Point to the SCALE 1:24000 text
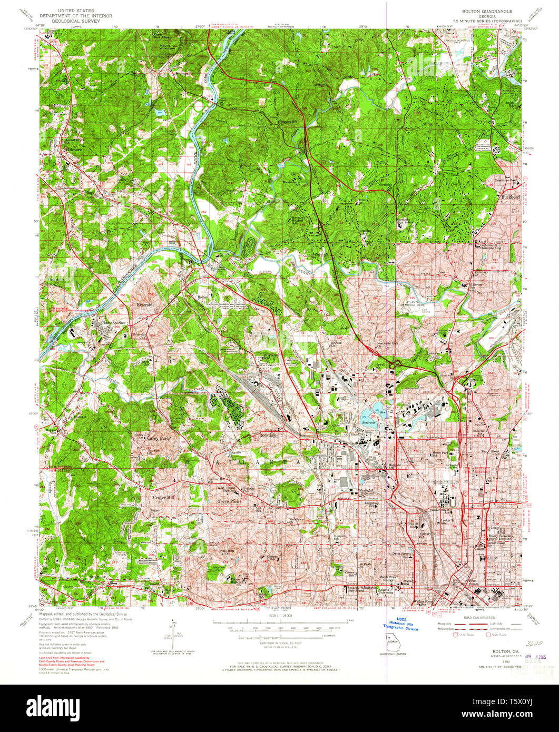click(287, 615)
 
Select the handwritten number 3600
click(533, 643)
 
